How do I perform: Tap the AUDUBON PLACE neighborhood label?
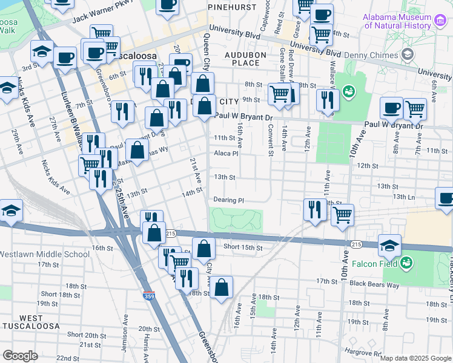click(242, 59)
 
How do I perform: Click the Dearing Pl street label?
click(228, 200)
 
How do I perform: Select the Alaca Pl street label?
click(226, 154)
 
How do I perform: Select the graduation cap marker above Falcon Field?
click(389, 246)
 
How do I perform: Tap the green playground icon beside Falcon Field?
click(407, 263)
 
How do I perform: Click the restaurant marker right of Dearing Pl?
click(314, 210)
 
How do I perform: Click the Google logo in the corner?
click(20, 356)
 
